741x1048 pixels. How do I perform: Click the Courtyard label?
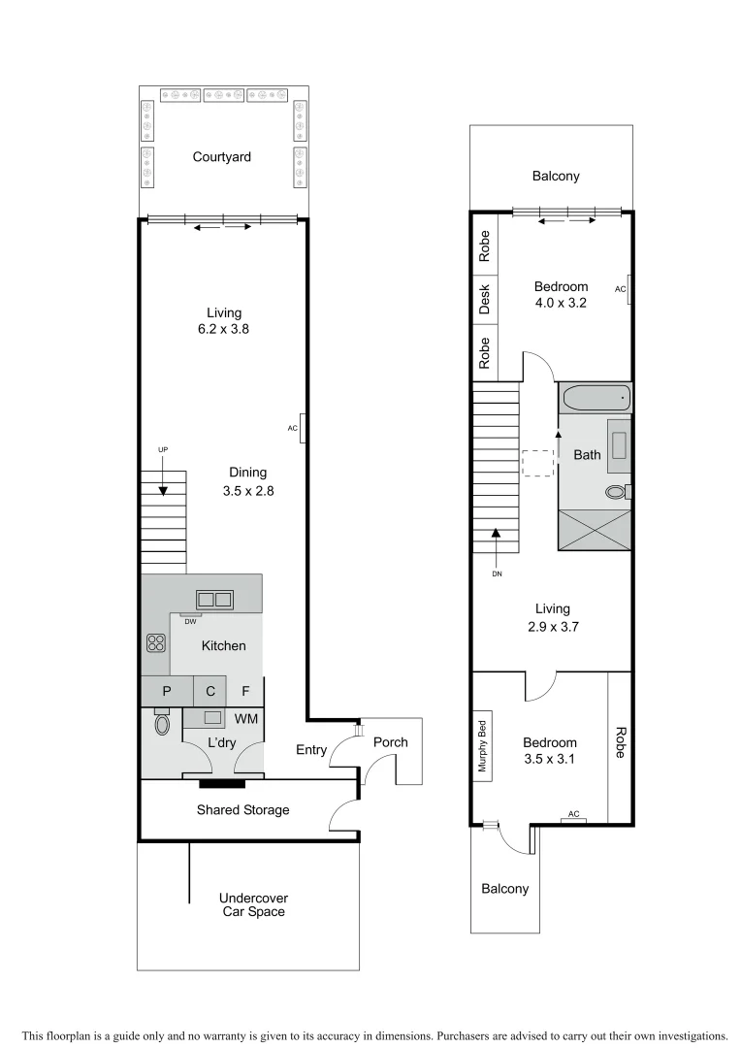pyautogui.click(x=222, y=156)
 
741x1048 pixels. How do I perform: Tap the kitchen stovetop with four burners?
pyautogui.click(x=156, y=641)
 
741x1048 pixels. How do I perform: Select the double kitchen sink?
pyautogui.click(x=214, y=600)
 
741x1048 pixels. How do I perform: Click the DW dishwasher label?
pyautogui.click(x=191, y=621)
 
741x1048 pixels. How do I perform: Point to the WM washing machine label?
pyautogui.click(x=245, y=719)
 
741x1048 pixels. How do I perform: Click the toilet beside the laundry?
pyautogui.click(x=161, y=724)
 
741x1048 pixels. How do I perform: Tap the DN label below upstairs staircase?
pyautogui.click(x=497, y=573)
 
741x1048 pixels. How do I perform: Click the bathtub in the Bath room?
pyautogui.click(x=595, y=398)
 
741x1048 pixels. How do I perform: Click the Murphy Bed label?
pyautogui.click(x=481, y=746)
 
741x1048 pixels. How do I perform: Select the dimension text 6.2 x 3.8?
pyautogui.click(x=223, y=330)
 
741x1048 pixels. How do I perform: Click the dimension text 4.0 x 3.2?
pyautogui.click(x=561, y=303)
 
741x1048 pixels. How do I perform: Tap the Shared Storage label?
pyautogui.click(x=242, y=809)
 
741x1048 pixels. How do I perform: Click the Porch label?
pyautogui.click(x=391, y=742)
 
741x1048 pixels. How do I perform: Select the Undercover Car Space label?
pyautogui.click(x=252, y=904)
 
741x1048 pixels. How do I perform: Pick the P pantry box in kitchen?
pyautogui.click(x=167, y=691)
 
